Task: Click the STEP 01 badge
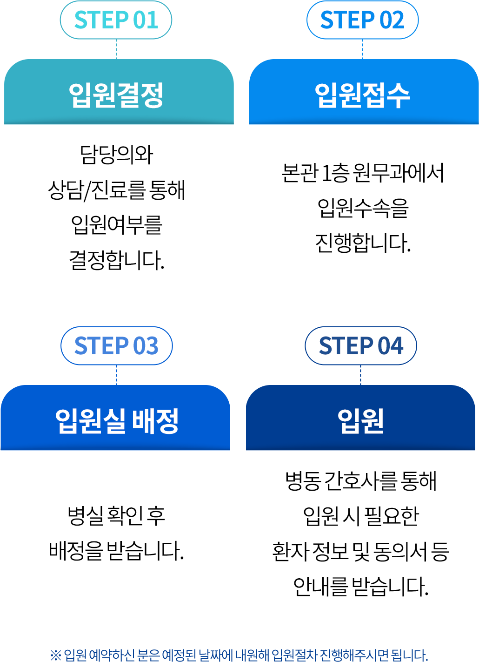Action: point(116,20)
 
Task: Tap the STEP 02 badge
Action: point(362,20)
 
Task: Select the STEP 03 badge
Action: point(116,346)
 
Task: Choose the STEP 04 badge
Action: point(360,346)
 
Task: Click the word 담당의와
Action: point(116,155)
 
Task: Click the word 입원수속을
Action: point(363,208)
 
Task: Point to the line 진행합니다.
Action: point(363,243)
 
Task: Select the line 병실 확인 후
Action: point(116,515)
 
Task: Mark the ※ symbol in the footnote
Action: point(56,655)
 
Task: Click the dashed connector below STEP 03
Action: point(116,375)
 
